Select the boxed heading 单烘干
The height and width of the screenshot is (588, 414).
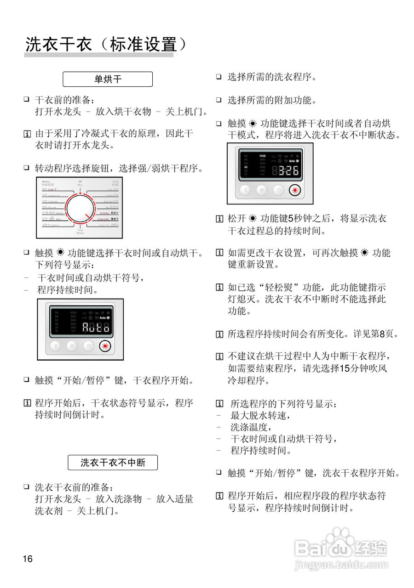[x=108, y=79]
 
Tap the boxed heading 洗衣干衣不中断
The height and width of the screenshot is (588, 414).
[x=113, y=463]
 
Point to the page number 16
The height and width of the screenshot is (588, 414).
[x=28, y=559]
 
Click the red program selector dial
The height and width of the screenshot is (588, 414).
[x=80, y=209]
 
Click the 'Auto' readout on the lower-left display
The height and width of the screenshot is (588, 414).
[x=96, y=327]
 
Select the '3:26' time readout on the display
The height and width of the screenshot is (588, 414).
[x=285, y=171]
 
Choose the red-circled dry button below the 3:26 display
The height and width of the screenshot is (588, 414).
[x=295, y=190]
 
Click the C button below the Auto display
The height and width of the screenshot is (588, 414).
[x=55, y=346]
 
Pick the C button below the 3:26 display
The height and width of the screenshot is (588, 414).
[x=245, y=190]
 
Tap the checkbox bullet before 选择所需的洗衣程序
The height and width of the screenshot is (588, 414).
[x=219, y=77]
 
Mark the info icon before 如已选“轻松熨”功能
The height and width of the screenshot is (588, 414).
[x=219, y=288]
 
